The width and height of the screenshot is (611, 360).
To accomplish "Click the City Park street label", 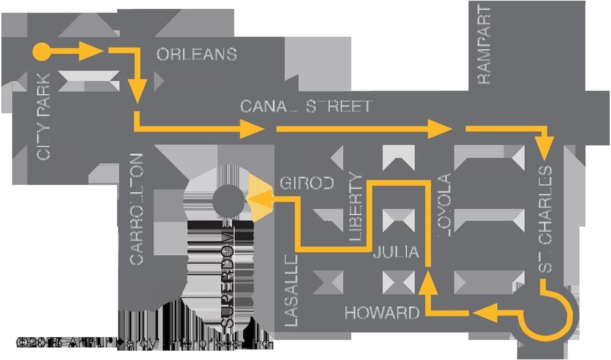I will pyautogui.click(x=43, y=117).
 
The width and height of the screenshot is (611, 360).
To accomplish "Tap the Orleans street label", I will pyautogui.click(x=196, y=54).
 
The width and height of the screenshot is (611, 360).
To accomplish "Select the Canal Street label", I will pyautogui.click(x=305, y=106).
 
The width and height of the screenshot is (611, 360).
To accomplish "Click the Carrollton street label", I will pyautogui.click(x=136, y=209).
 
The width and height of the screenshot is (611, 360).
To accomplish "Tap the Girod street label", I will pyautogui.click(x=307, y=183).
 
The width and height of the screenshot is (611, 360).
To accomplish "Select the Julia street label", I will pyautogui.click(x=396, y=252).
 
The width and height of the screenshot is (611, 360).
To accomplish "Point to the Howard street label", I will pyautogui.click(x=382, y=314).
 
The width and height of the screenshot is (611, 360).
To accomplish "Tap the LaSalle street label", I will pyautogui.click(x=291, y=291).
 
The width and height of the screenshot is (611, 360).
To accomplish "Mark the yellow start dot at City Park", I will pyautogui.click(x=41, y=52).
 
